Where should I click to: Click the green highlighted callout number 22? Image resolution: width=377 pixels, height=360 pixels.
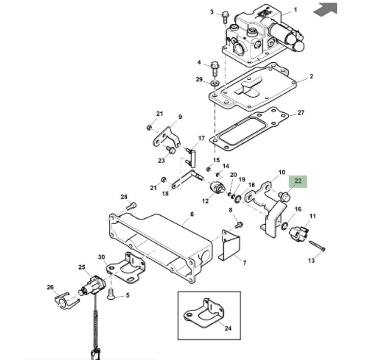point(298,181)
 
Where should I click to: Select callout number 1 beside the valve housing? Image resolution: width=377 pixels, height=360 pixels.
point(296,9)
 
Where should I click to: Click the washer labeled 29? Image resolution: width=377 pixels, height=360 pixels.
point(215,83)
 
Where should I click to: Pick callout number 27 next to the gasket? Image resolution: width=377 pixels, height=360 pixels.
point(301,112)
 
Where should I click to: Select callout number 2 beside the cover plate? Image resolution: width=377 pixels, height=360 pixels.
point(311,77)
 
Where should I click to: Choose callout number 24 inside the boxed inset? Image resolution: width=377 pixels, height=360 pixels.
point(228,329)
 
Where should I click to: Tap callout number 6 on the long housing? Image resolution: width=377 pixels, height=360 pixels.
point(192,214)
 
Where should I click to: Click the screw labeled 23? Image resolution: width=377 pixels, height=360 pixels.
point(171,150)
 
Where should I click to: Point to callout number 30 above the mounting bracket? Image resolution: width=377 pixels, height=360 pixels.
point(102,257)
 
